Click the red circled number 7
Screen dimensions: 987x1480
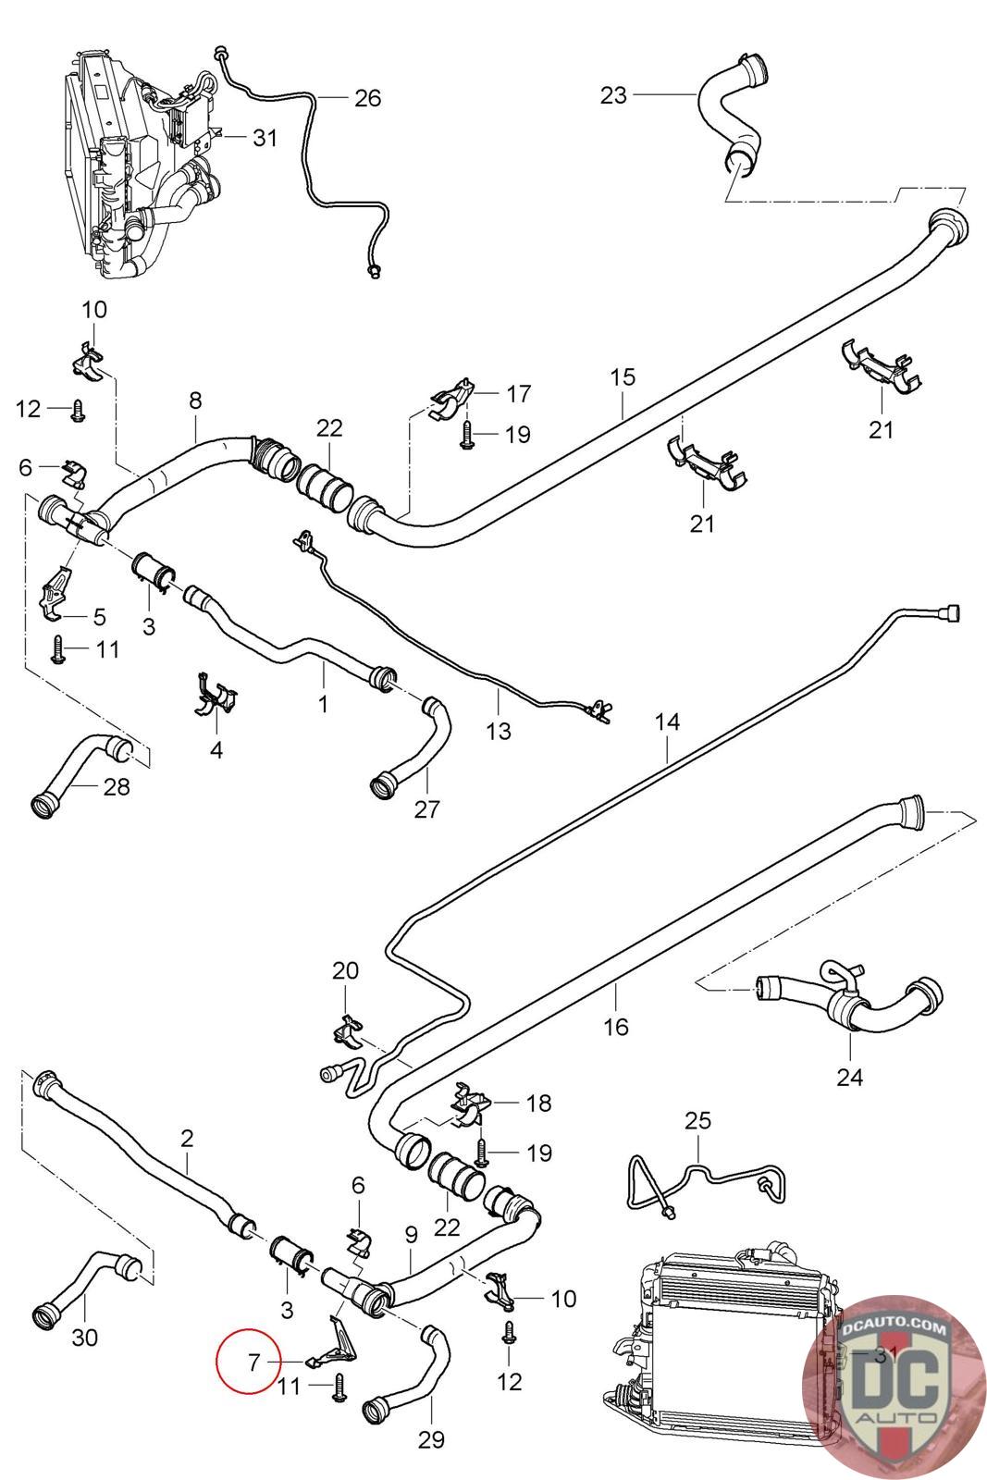pyautogui.click(x=253, y=1362)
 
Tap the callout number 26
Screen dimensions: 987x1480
pyautogui.click(x=368, y=98)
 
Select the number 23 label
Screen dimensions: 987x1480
pyautogui.click(x=613, y=95)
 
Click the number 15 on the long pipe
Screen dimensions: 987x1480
pyautogui.click(x=623, y=377)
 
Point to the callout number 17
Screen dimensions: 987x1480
pyautogui.click(x=519, y=394)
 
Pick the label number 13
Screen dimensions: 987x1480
pyautogui.click(x=498, y=731)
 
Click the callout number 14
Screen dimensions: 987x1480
pyautogui.click(x=667, y=721)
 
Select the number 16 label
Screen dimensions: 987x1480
pyautogui.click(x=616, y=1027)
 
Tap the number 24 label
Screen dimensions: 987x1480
pyautogui.click(x=849, y=1078)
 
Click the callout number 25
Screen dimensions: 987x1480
pyautogui.click(x=698, y=1120)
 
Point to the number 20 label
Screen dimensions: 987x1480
pyautogui.click(x=346, y=970)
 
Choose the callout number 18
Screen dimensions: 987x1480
pyautogui.click(x=539, y=1103)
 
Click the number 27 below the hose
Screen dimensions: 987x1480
pyautogui.click(x=426, y=808)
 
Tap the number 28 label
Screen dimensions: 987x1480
pyautogui.click(x=117, y=787)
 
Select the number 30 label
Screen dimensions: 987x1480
pyautogui.click(x=84, y=1338)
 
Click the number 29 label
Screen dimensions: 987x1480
pyautogui.click(x=431, y=1439)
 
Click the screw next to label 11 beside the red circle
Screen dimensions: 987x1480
pyautogui.click(x=340, y=1387)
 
